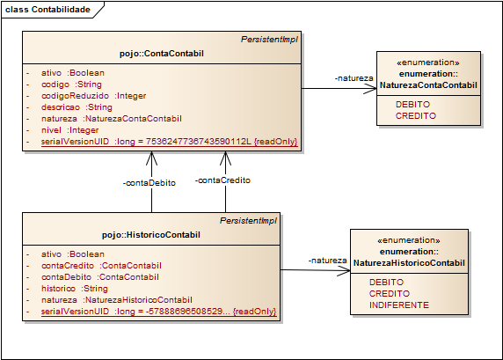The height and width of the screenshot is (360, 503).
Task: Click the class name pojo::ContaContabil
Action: (x=161, y=54)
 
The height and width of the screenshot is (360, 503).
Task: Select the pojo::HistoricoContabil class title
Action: (x=150, y=235)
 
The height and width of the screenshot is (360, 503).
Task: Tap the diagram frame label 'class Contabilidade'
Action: (x=47, y=10)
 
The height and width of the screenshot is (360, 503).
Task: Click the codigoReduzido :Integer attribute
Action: (x=93, y=96)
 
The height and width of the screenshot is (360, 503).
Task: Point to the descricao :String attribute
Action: (x=77, y=107)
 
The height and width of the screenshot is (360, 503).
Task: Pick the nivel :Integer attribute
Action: (x=69, y=130)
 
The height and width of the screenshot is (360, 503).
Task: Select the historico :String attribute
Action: (x=75, y=289)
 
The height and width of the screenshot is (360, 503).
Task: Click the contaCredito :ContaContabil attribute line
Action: (x=101, y=266)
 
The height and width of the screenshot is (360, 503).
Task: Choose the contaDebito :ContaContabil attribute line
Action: (x=99, y=277)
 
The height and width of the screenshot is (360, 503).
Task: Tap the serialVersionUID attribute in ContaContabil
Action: (x=169, y=142)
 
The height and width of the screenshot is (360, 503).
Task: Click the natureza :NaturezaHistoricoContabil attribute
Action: (x=117, y=300)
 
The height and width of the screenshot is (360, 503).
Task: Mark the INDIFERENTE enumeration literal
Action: (x=398, y=305)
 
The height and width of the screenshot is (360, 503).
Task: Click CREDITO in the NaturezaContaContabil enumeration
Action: (x=416, y=116)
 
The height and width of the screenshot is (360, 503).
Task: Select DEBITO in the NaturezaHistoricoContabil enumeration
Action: (x=386, y=283)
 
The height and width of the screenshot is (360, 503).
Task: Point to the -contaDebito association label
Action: (x=149, y=183)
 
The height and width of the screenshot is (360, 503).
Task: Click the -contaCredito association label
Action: (x=222, y=180)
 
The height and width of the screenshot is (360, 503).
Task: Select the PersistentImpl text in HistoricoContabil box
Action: (x=248, y=221)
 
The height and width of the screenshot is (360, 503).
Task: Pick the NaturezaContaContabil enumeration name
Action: (x=428, y=85)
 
